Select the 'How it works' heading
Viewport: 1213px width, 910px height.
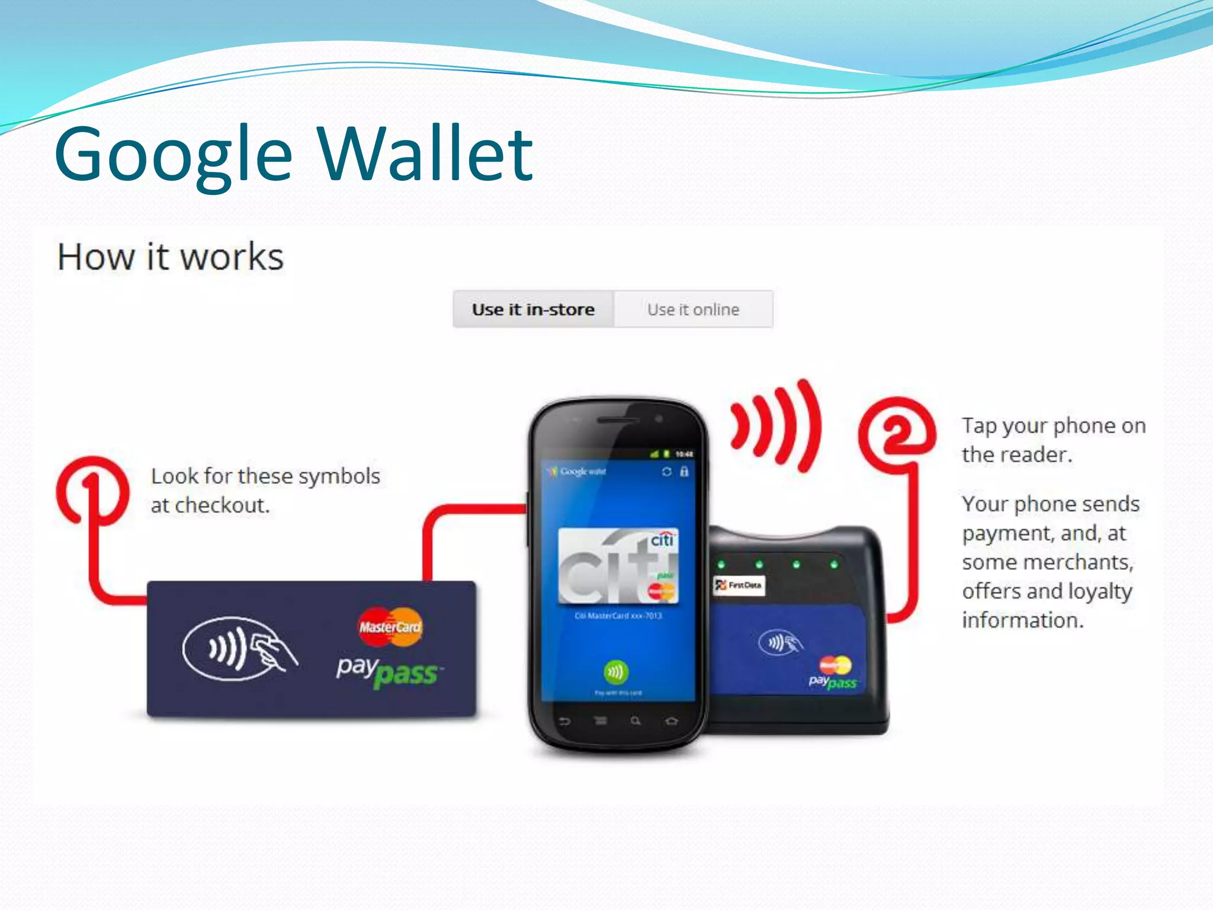coord(171,257)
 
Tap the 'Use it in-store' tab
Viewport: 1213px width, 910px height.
coord(533,309)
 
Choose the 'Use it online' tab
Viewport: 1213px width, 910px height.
coord(693,309)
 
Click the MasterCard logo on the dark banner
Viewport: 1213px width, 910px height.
coord(390,627)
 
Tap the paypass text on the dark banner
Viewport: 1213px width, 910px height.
coord(388,672)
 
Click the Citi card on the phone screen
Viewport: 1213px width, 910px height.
coord(618,566)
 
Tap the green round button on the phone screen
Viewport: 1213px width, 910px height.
coord(616,672)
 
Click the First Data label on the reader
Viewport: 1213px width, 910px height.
coord(739,585)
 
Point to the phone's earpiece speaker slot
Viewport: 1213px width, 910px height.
coord(617,420)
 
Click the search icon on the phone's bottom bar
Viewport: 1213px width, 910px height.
coord(636,721)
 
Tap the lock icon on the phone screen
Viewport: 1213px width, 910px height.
coord(684,472)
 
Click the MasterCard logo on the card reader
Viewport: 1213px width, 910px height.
coord(835,665)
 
